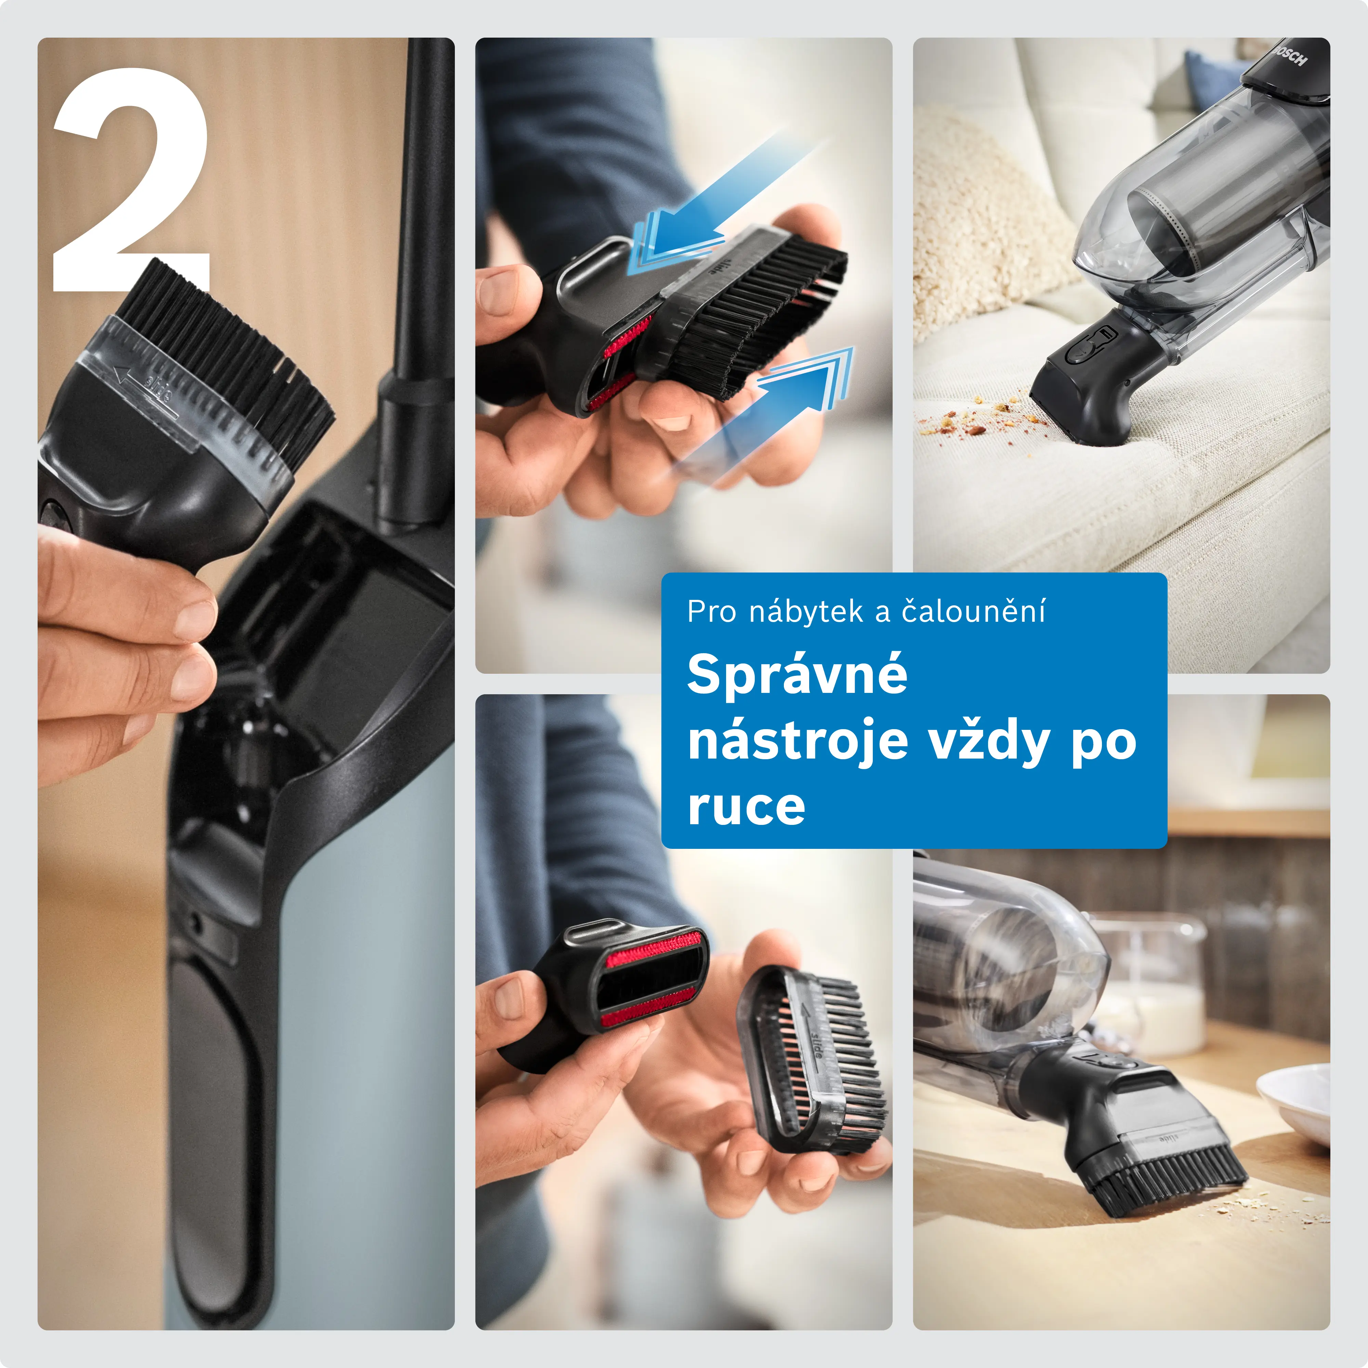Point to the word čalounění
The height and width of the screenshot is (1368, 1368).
coord(974,611)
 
